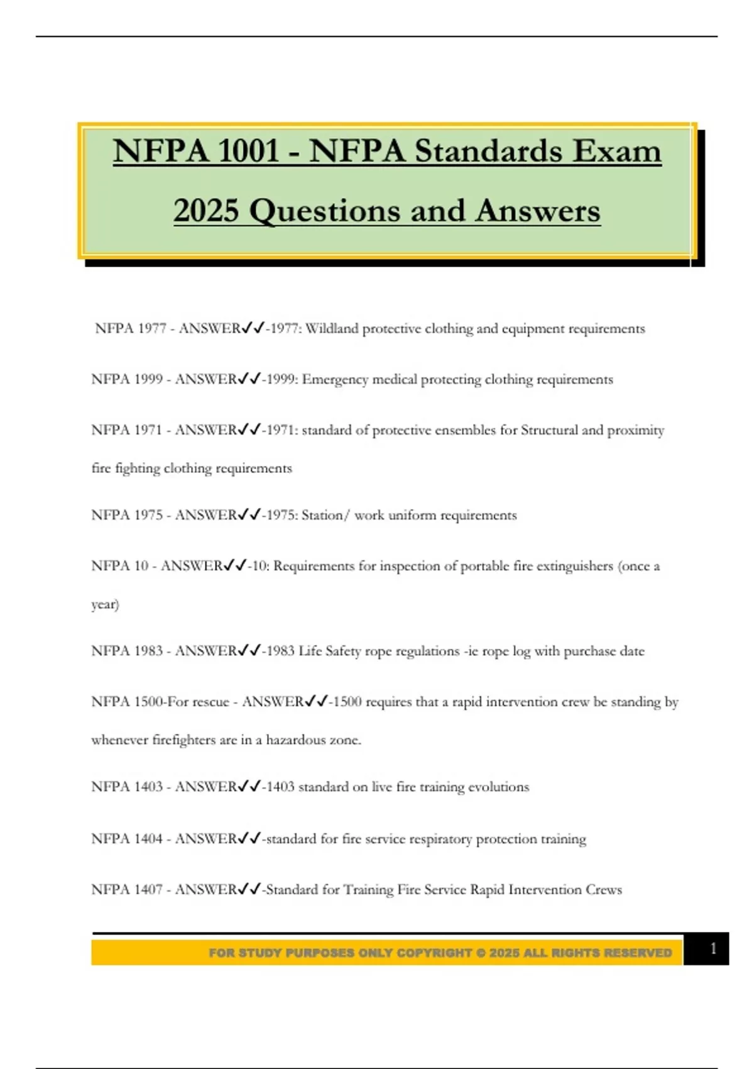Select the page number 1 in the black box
tap(713, 948)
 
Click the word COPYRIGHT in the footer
tap(434, 953)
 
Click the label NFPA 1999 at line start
tap(127, 379)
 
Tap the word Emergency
tap(335, 379)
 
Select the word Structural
tap(549, 430)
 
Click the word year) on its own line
tap(105, 604)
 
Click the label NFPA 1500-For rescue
tap(160, 702)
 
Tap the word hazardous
tap(295, 740)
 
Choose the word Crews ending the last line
tap(603, 890)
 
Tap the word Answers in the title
tap(537, 211)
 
